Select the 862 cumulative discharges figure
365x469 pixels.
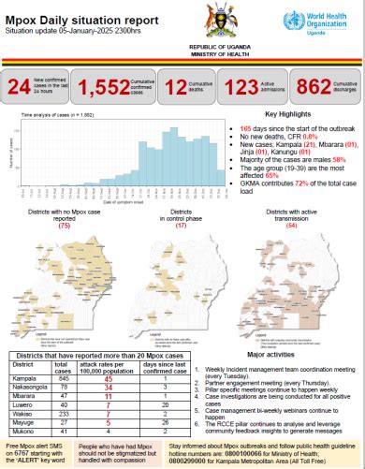[315, 87]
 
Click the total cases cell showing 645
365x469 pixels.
[65, 377]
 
